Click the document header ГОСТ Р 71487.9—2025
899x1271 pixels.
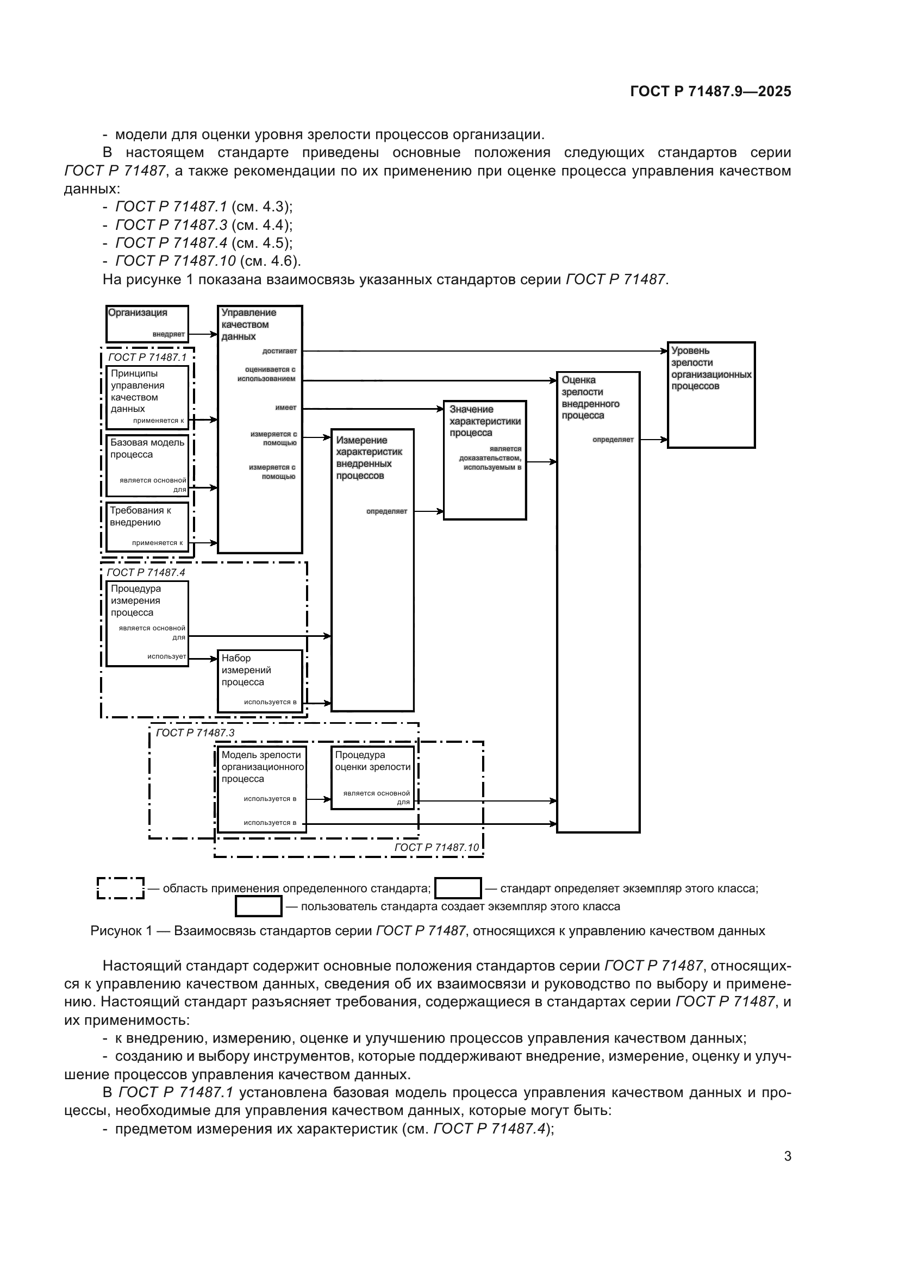click(x=710, y=92)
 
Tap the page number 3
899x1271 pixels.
click(x=787, y=1156)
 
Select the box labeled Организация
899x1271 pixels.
click(x=147, y=324)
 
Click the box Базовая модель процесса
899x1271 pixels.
click(x=147, y=465)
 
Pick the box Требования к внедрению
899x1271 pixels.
click(x=147, y=527)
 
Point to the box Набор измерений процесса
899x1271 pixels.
click(x=260, y=681)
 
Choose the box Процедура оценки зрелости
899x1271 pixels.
click(x=372, y=778)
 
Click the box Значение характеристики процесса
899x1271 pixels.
click(x=484, y=460)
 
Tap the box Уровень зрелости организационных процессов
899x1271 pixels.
click(x=711, y=395)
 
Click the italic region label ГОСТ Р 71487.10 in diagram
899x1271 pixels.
click(x=436, y=847)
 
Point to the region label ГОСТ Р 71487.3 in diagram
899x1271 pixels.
click(x=195, y=733)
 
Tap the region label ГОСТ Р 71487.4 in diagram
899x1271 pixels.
click(x=146, y=572)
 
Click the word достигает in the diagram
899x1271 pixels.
click(x=279, y=351)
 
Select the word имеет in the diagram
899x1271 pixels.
click(x=286, y=408)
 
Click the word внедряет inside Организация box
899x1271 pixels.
click(x=168, y=334)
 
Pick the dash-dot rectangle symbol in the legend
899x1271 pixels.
click(x=120, y=888)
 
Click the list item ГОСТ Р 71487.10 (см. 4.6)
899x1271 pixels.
click(x=208, y=261)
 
